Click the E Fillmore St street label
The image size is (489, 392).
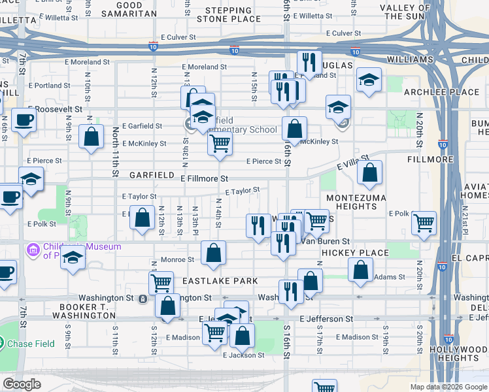(x=204, y=178)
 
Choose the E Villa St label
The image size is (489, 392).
(x=353, y=162)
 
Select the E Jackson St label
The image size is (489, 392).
(x=243, y=355)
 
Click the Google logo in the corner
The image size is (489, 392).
(x=22, y=384)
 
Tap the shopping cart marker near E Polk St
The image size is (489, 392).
(x=424, y=223)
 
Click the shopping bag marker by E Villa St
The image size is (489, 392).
(x=369, y=173)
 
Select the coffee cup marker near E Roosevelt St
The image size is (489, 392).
(x=24, y=120)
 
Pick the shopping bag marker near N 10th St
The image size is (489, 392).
(x=92, y=137)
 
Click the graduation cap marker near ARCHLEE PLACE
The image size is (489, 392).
(x=369, y=80)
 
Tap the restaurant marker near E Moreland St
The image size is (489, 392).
(x=309, y=62)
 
